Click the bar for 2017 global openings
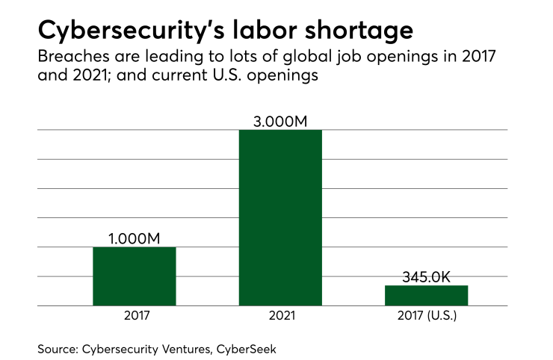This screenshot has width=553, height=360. (x=135, y=276)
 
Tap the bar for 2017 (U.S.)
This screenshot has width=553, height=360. (x=426, y=295)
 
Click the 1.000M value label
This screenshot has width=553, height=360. (x=135, y=238)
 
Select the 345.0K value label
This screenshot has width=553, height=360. (x=426, y=276)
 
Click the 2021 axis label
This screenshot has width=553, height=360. (x=280, y=316)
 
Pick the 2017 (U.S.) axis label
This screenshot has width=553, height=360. (x=426, y=316)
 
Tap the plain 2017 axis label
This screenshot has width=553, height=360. (x=135, y=316)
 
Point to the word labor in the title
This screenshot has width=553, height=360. (x=256, y=31)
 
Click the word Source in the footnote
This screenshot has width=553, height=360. (x=55, y=349)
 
